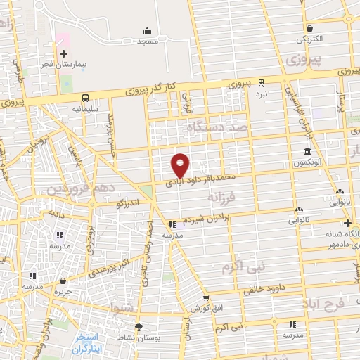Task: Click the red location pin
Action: (x=181, y=165)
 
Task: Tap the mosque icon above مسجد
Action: (x=147, y=30)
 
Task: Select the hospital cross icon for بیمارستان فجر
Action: (x=64, y=53)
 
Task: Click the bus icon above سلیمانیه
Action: (x=84, y=98)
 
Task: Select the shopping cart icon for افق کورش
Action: (x=205, y=298)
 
